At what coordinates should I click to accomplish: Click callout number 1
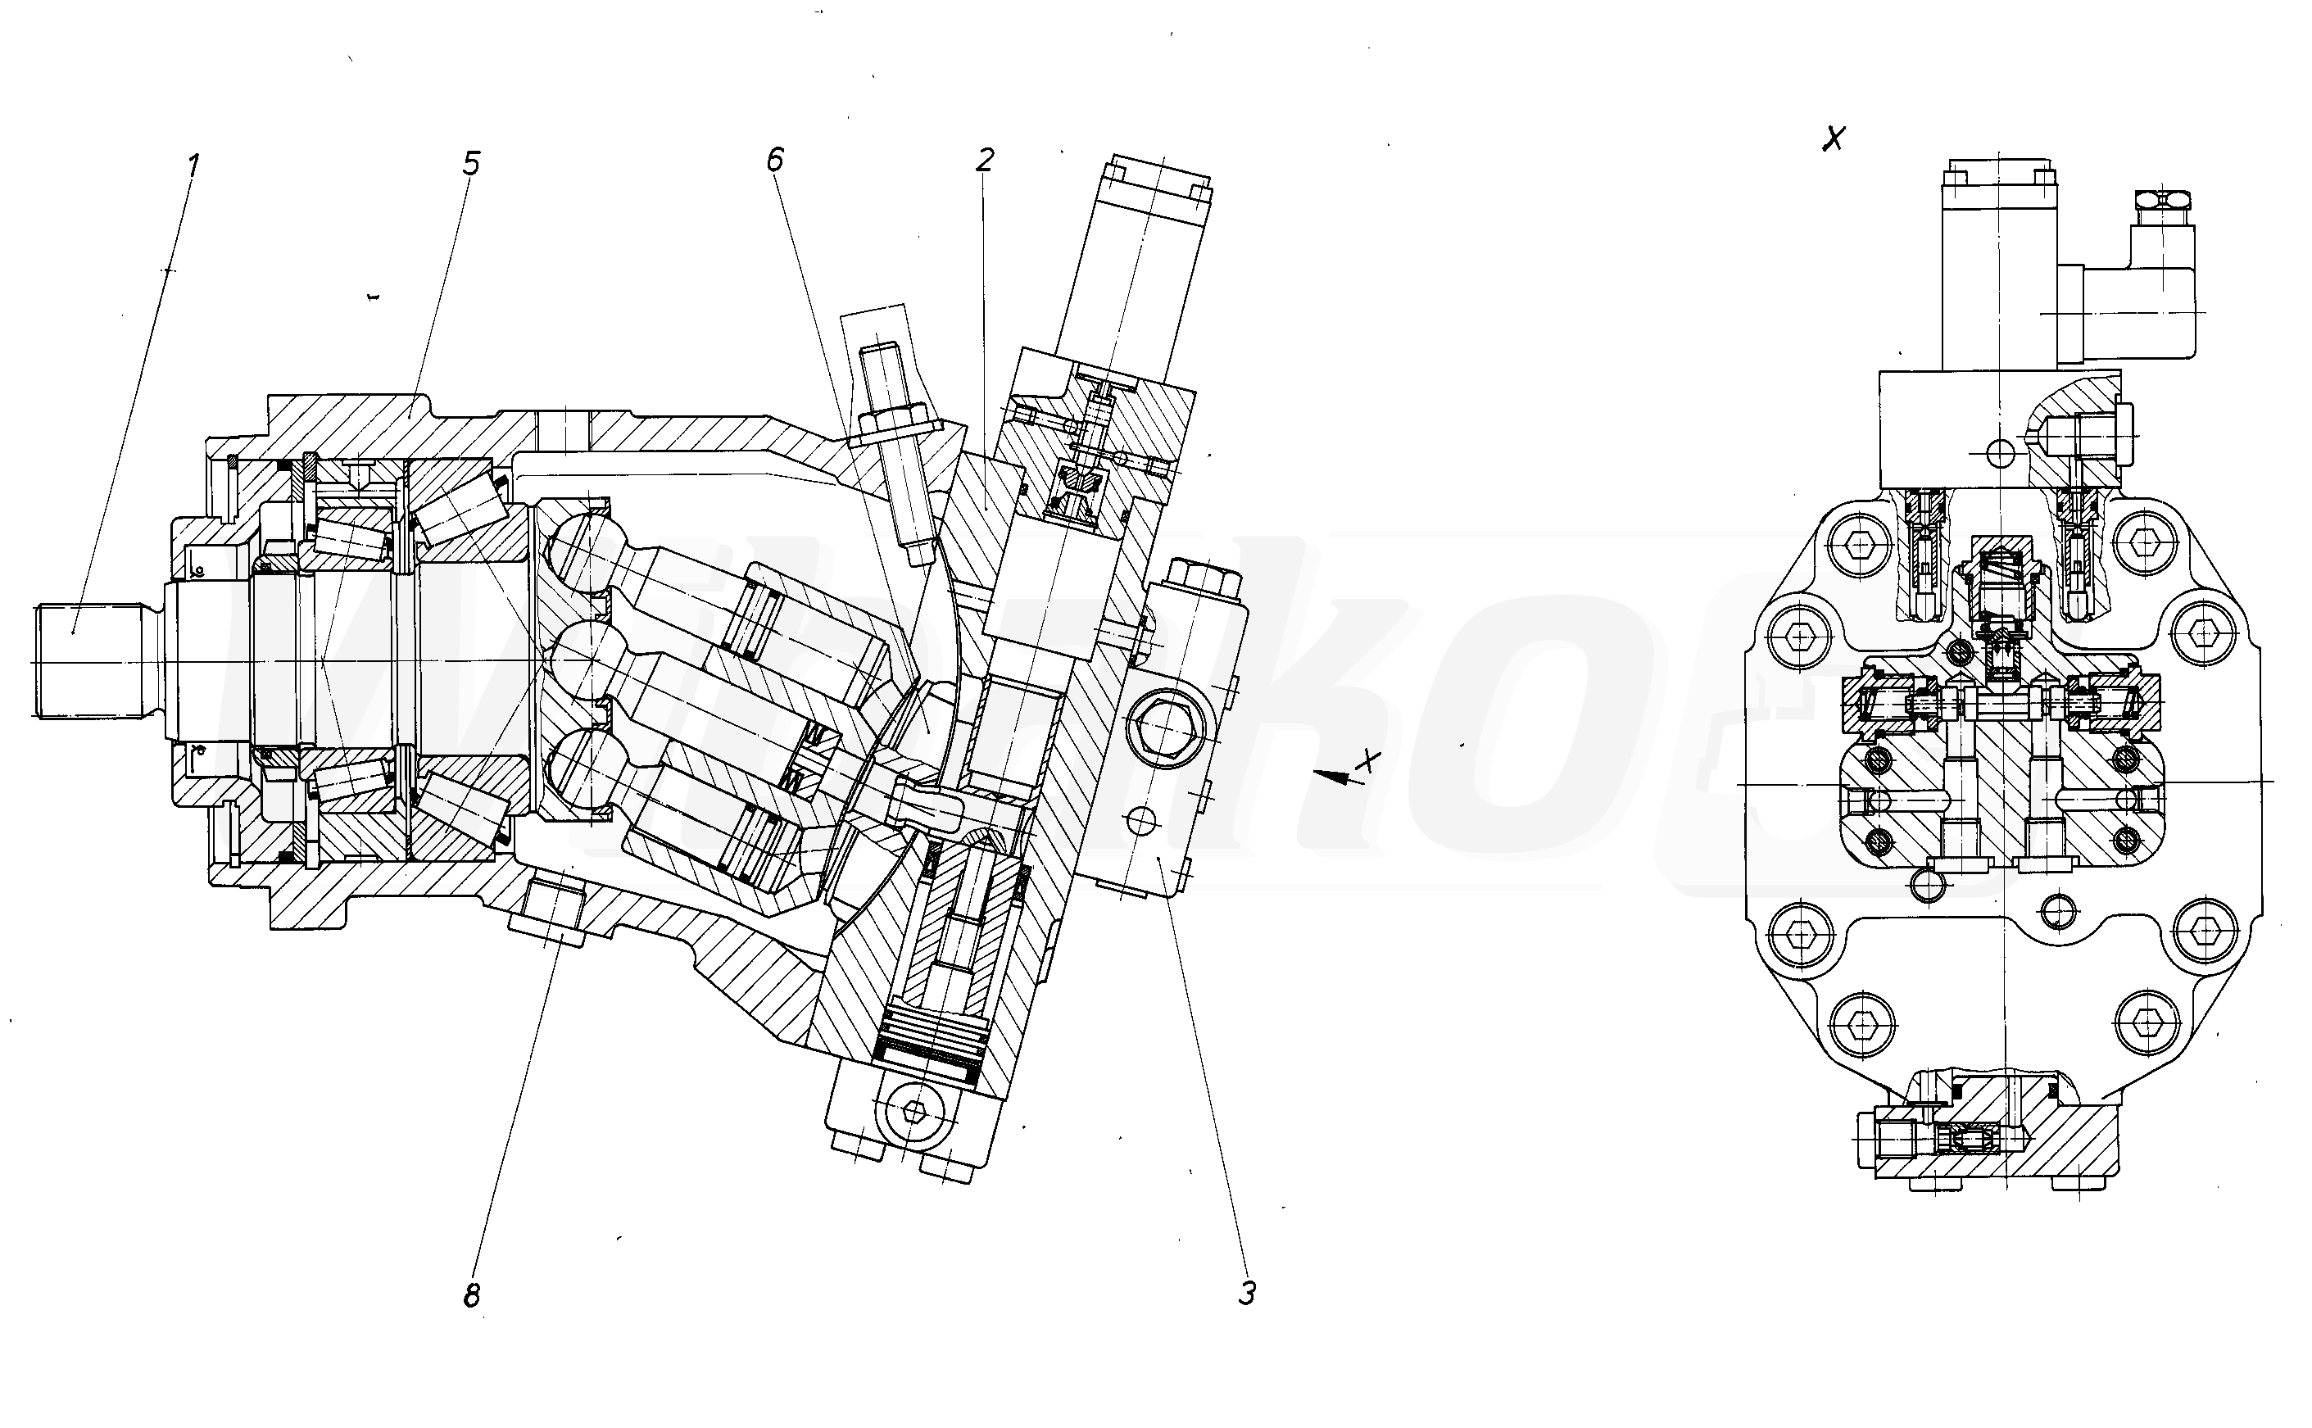pos(193,166)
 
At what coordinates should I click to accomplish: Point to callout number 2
pos(985,161)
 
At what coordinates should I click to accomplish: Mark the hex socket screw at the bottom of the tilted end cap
pos(913,1112)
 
